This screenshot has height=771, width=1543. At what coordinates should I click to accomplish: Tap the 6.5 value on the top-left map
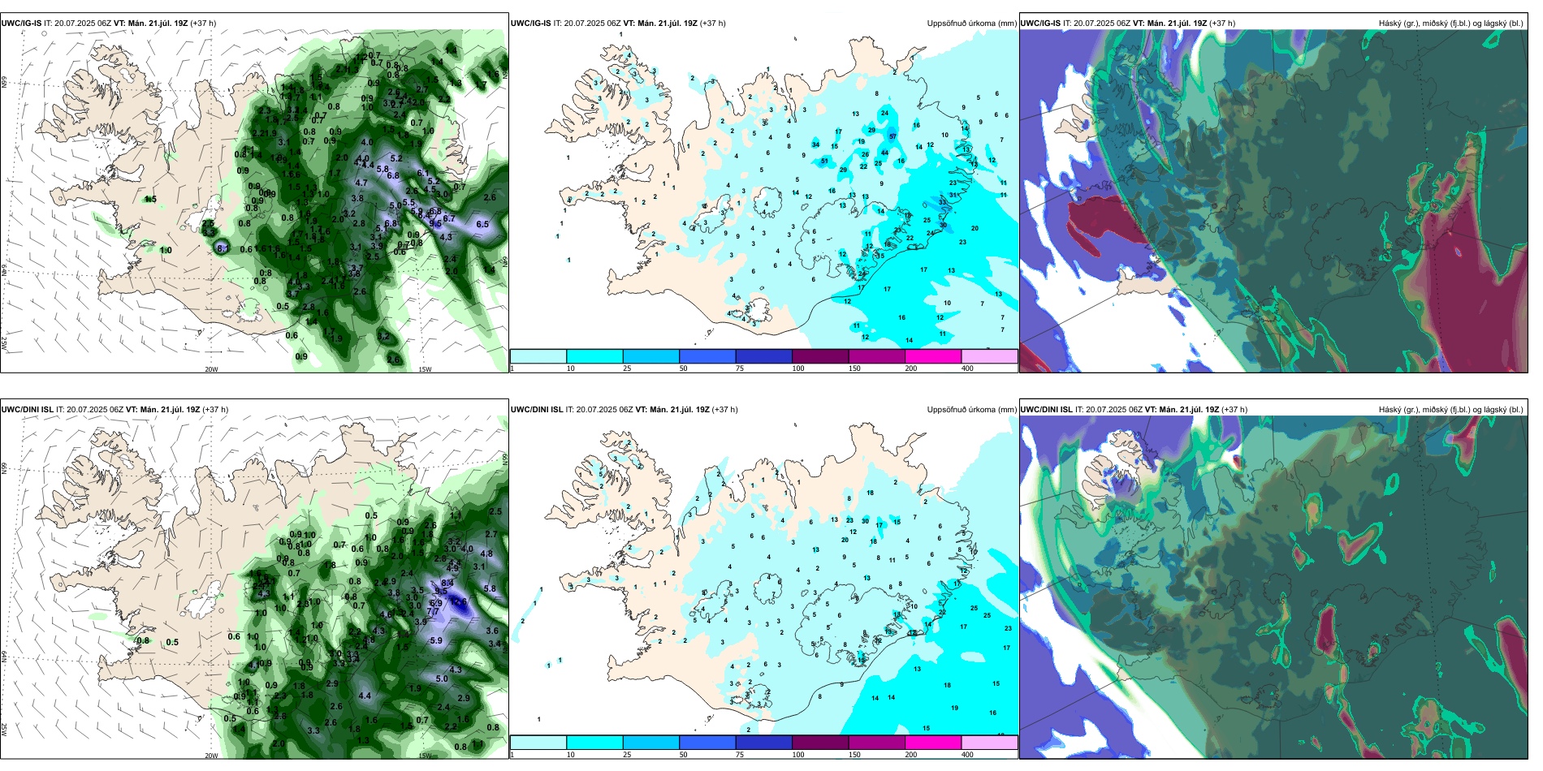click(x=482, y=224)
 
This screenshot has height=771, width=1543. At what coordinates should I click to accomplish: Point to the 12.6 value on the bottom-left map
click(x=459, y=601)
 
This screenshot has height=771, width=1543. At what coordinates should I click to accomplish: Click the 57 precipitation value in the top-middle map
click(x=893, y=136)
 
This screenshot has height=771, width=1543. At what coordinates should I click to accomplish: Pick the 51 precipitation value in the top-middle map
click(x=824, y=161)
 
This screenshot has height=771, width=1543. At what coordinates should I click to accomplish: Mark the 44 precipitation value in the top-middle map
click(x=884, y=153)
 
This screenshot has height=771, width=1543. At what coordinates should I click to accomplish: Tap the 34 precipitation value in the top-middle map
click(x=815, y=144)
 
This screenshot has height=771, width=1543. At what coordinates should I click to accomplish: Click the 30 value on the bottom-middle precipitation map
click(x=865, y=521)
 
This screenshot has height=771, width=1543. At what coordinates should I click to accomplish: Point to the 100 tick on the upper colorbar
click(x=798, y=368)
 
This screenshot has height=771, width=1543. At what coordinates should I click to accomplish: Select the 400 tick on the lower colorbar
click(x=967, y=755)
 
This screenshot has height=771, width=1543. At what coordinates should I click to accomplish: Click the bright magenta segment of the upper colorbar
click(x=933, y=356)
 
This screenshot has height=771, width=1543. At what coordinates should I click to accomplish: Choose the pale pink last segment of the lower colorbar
click(x=989, y=743)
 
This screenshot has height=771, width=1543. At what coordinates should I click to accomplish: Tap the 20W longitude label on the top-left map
click(x=211, y=369)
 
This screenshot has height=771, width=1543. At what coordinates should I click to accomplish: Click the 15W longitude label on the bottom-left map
click(x=424, y=756)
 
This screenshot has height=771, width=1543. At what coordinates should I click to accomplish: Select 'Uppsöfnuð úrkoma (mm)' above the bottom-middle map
click(x=971, y=410)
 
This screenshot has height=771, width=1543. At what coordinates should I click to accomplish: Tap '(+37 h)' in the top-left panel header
click(x=203, y=24)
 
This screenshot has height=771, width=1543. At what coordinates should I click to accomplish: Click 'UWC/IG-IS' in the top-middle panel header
click(x=530, y=24)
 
